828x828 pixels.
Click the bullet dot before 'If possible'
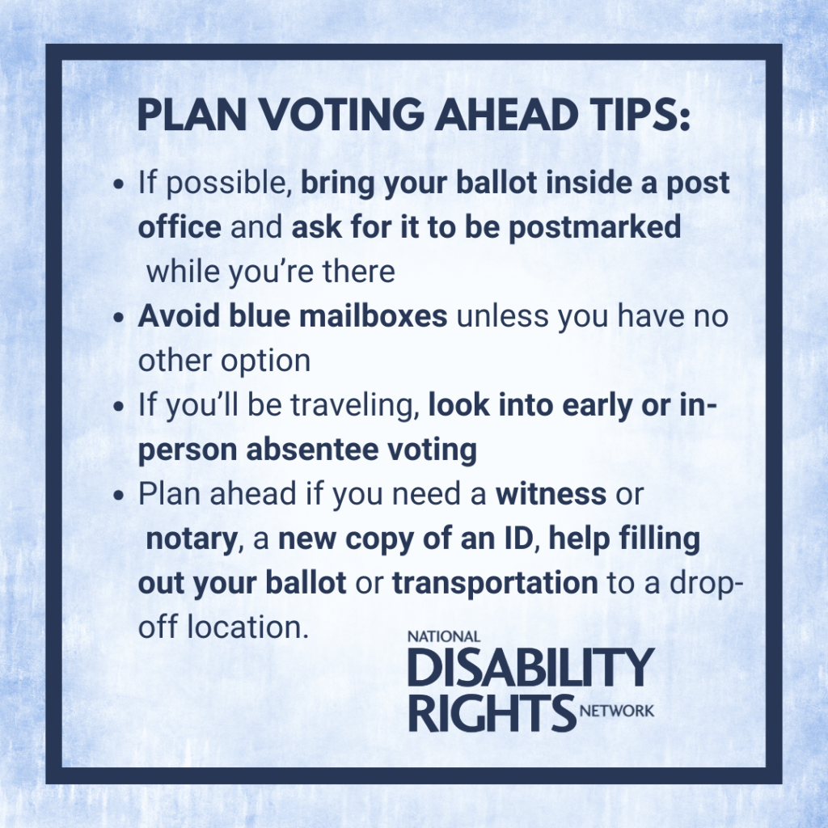click(x=119, y=184)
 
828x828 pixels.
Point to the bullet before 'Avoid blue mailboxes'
click(x=119, y=317)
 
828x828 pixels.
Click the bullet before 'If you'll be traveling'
click(x=119, y=406)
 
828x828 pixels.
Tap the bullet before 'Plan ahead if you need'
click(x=119, y=495)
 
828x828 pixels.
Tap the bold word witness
click(x=551, y=494)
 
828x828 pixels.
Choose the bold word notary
click(x=190, y=539)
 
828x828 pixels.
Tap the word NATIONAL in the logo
click(x=444, y=637)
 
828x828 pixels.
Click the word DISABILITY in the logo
click(x=530, y=668)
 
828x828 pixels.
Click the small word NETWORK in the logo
click(x=617, y=712)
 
